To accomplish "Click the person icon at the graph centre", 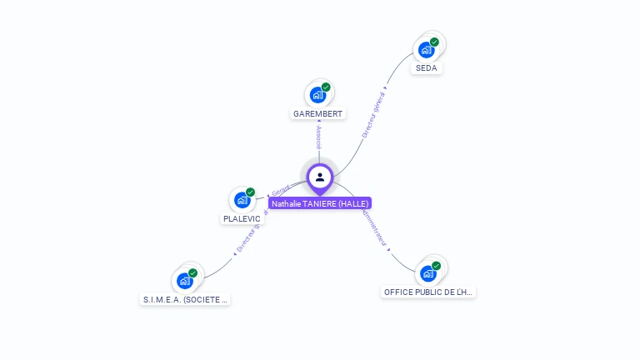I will pyautogui.click(x=320, y=177).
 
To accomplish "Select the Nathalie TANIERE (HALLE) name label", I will pyautogui.click(x=320, y=203).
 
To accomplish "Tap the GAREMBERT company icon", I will pyautogui.click(x=317, y=95).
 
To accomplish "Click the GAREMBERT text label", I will pyautogui.click(x=318, y=113).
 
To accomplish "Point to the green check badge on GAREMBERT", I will pyautogui.click(x=326, y=87).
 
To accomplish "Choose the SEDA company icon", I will pyautogui.click(x=426, y=50).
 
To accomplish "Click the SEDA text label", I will pyautogui.click(x=427, y=68).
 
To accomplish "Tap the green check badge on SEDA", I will pyautogui.click(x=434, y=42).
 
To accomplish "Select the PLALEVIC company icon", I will pyautogui.click(x=242, y=201).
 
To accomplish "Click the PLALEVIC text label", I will pyautogui.click(x=242, y=219).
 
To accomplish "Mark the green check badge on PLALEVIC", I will pyautogui.click(x=250, y=192).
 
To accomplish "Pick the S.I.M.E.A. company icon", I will pyautogui.click(x=184, y=281).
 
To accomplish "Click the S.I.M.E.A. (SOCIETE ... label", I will pyautogui.click(x=185, y=299).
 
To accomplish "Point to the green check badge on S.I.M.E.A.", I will pyautogui.click(x=192, y=272).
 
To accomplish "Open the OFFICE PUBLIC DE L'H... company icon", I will pyautogui.click(x=427, y=273).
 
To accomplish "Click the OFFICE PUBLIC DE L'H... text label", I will pyautogui.click(x=428, y=292).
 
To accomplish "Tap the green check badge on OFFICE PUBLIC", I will pyautogui.click(x=436, y=266).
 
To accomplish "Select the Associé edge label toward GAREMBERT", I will pyautogui.click(x=319, y=138).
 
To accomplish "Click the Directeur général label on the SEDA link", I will pyautogui.click(x=373, y=114).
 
